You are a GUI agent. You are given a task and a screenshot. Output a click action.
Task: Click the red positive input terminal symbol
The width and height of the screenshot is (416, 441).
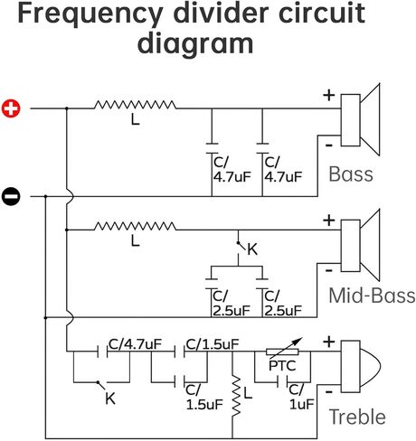pyautogui.click(x=11, y=108)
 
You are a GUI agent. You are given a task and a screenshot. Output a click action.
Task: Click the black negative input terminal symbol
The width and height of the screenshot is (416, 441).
pyautogui.click(x=11, y=197)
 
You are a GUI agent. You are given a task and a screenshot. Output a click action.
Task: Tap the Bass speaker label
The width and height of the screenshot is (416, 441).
pyautogui.click(x=351, y=174)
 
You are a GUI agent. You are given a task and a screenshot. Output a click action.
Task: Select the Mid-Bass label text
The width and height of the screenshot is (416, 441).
pyautogui.click(x=372, y=296)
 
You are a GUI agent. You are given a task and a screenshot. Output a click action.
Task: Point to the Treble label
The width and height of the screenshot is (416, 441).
pyautogui.click(x=357, y=417)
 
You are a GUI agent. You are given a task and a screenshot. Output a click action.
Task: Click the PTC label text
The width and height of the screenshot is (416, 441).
pyautogui.click(x=282, y=366)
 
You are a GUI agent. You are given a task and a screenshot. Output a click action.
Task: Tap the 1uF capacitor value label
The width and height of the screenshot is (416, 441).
pyautogui.click(x=301, y=404)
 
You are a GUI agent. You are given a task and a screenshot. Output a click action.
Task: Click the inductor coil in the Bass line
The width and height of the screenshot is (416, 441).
pyautogui.click(x=135, y=105)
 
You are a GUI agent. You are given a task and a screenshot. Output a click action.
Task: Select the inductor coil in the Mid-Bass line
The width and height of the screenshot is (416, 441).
pyautogui.click(x=135, y=226)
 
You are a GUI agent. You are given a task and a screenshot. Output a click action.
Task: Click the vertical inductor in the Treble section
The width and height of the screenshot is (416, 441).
pyautogui.click(x=236, y=396)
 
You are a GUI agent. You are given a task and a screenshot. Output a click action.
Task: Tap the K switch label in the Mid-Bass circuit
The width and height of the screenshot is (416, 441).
pyautogui.click(x=252, y=249)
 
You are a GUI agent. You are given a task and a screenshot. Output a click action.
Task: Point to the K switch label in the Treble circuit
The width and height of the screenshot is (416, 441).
pyautogui.click(x=110, y=399)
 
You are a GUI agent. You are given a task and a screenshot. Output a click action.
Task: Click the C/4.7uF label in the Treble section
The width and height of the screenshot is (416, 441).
pyautogui.click(x=135, y=344)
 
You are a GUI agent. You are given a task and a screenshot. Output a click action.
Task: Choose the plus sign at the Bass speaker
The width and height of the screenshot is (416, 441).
pyautogui.click(x=329, y=95)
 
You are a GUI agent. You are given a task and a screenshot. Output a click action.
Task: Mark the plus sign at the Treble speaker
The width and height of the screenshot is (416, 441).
pyautogui.click(x=329, y=342)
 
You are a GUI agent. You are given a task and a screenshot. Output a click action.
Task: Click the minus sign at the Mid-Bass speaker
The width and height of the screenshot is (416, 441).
pyautogui.click(x=329, y=270)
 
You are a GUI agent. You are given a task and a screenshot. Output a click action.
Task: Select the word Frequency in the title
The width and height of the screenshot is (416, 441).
pyautogui.click(x=90, y=14)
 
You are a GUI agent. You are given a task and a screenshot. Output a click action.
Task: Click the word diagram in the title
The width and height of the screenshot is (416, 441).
pyautogui.click(x=195, y=44)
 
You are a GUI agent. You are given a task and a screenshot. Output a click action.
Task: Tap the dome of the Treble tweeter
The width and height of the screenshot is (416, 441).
pyautogui.click(x=371, y=367)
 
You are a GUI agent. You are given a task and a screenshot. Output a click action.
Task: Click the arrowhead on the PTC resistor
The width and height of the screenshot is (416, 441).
pyautogui.click(x=298, y=341)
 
